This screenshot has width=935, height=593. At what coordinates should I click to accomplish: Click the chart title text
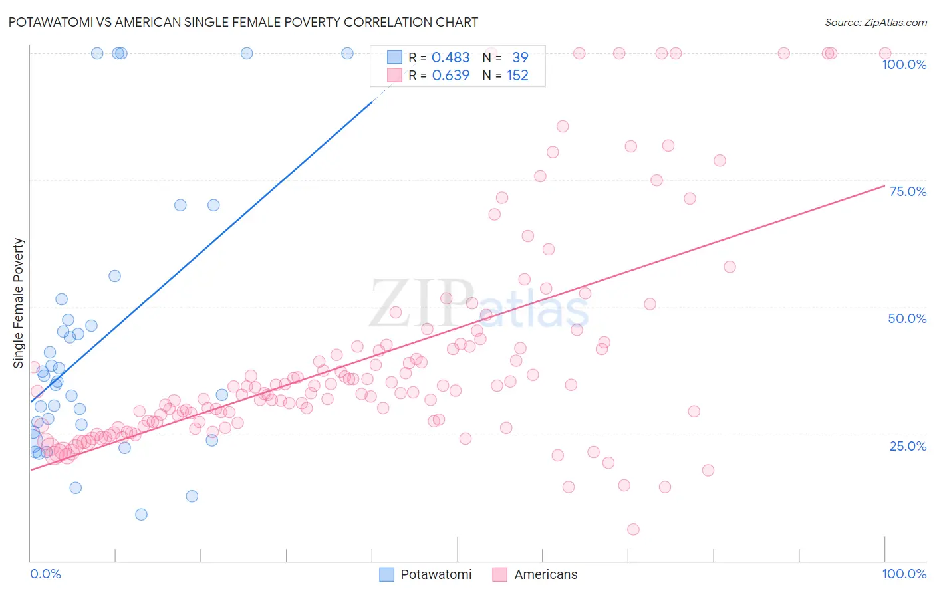click(243, 22)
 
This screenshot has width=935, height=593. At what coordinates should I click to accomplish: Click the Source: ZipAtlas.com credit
click(875, 22)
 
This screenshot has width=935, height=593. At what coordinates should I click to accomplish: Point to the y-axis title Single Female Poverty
click(18, 303)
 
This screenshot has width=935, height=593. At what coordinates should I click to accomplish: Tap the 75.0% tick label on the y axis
click(908, 191)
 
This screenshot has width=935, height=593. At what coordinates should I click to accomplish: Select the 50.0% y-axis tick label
click(907, 318)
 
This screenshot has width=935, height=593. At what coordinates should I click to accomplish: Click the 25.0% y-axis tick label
click(908, 446)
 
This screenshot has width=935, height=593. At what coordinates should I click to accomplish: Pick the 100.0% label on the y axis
click(904, 64)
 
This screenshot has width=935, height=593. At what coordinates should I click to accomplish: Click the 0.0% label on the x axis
click(45, 574)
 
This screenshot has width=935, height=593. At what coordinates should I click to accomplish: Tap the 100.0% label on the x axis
click(904, 574)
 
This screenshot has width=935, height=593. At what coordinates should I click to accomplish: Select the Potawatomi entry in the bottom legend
click(436, 574)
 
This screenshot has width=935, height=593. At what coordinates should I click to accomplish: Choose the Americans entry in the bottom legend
click(545, 574)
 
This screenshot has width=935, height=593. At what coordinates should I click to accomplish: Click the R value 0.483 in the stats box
click(450, 58)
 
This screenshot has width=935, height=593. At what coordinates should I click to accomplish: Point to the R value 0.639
click(450, 76)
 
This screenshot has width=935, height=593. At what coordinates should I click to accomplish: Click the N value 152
click(517, 76)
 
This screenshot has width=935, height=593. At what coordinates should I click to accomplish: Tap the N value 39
click(519, 58)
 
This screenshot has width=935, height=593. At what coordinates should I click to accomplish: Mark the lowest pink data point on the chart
click(633, 529)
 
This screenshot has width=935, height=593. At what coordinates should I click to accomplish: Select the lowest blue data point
click(141, 514)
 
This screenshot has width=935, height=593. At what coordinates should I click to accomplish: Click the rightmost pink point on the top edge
click(885, 53)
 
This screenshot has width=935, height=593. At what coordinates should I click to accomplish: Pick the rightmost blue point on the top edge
click(347, 53)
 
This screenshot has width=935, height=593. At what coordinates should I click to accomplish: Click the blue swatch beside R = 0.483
click(394, 58)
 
